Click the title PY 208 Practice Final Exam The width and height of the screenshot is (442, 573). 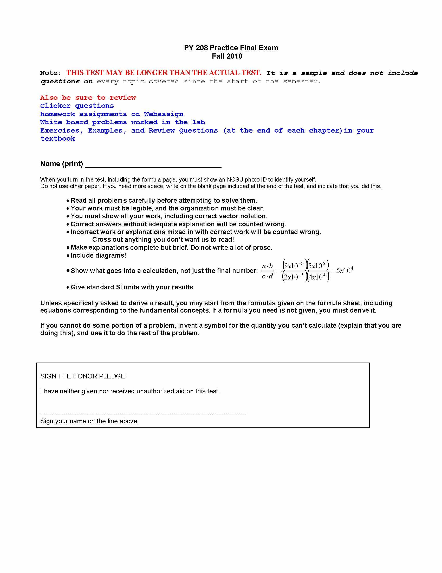tap(231, 48)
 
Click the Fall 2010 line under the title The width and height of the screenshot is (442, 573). tap(227, 56)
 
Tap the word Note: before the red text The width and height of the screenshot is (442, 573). tap(51, 73)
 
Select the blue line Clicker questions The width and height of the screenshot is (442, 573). tap(77, 106)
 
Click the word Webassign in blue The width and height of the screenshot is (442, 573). tap(163, 114)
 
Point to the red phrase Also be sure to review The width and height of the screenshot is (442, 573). tap(88, 98)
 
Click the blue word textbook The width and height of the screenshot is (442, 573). tap(58, 139)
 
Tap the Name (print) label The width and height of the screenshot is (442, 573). tap(62, 164)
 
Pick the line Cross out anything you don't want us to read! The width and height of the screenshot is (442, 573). tap(163, 240)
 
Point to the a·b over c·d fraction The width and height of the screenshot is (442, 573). tap(267, 271)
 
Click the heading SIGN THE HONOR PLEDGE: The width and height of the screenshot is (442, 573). tap(83, 376)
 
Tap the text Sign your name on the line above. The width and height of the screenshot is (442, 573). tap(89, 421)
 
